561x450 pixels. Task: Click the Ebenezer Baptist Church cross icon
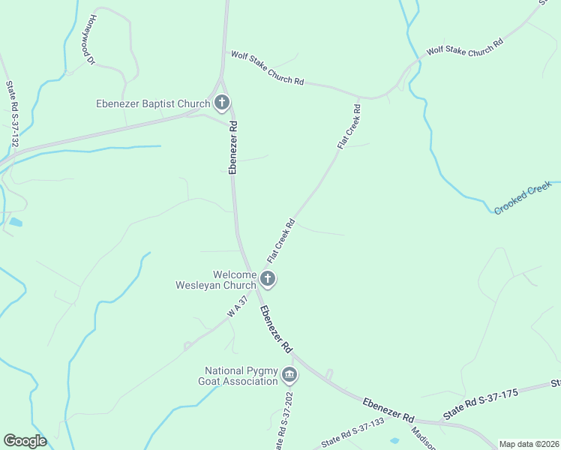coord(221,102)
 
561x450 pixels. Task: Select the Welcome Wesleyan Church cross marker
coord(268,280)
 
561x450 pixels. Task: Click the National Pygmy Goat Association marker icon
coord(289,375)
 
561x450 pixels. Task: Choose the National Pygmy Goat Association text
coord(241,376)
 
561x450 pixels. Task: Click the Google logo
coord(25,441)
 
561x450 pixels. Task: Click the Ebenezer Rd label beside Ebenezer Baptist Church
coord(233,148)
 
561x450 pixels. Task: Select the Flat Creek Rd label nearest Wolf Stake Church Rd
coord(349,127)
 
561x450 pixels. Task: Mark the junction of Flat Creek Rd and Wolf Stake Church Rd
coord(362,97)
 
